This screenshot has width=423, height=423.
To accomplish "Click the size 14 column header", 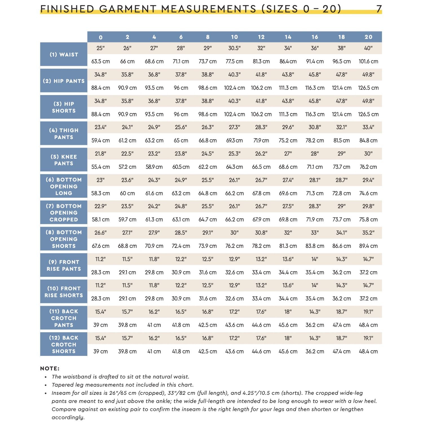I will (288, 37).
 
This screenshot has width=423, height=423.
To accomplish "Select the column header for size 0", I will (101, 37).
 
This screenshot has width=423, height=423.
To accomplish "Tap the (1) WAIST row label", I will (64, 54).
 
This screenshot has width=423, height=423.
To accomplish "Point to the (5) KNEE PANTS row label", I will (64, 160).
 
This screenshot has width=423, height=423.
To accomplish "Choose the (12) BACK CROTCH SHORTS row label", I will (64, 344).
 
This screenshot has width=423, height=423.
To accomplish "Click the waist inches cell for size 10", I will (234, 48).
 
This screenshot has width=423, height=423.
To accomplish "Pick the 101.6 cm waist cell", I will (368, 61).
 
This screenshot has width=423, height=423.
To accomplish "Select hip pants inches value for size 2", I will (127, 75).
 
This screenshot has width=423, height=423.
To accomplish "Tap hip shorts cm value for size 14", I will (288, 114).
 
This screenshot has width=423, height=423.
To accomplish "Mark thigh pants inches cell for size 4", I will (154, 127).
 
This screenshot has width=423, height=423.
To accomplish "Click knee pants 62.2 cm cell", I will (208, 167).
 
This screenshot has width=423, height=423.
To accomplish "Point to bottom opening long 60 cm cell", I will (127, 193).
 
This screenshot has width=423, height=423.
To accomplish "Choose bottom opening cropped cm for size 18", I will (342, 219).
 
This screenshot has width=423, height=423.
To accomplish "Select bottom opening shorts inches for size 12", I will (261, 233).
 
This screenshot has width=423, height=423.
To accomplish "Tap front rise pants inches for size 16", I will (315, 259).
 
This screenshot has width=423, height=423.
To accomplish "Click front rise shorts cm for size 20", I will (368, 299).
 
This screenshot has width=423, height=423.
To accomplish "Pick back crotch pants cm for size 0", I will (101, 325).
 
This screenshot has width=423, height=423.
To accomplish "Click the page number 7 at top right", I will (379, 9).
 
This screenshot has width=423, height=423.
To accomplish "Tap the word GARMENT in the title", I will (128, 9).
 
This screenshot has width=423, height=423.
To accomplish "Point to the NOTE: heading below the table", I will (50, 368).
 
